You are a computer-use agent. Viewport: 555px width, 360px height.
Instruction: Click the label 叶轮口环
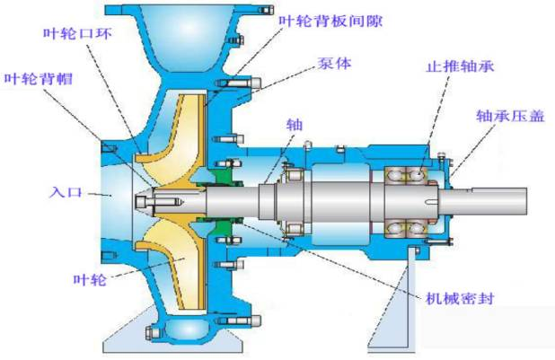tap(77, 33)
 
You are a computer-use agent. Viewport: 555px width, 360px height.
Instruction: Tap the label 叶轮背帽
tap(39, 79)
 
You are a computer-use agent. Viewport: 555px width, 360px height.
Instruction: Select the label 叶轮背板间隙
tap(330, 22)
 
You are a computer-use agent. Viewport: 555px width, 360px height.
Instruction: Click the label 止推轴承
tap(460, 66)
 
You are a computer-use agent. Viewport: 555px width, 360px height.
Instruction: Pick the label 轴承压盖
tap(510, 116)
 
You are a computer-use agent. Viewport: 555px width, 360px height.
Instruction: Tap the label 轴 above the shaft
tap(295, 125)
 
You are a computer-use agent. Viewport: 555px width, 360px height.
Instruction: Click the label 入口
tap(66, 192)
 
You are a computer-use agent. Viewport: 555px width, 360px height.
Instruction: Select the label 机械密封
tap(460, 298)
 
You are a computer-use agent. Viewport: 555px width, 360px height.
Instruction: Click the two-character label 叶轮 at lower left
tap(90, 279)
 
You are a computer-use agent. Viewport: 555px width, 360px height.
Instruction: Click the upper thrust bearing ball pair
tap(406, 176)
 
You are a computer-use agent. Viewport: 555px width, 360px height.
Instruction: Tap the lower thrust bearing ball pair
tap(406, 228)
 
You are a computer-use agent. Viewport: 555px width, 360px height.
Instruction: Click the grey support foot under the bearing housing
tap(392, 300)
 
